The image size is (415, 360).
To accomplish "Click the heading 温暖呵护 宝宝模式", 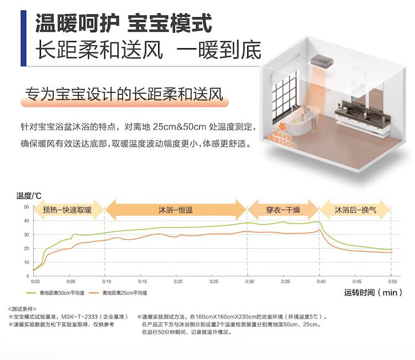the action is point(123,23).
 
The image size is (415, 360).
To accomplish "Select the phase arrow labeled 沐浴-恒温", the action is point(175,210).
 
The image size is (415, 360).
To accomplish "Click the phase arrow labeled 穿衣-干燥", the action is point(283,210).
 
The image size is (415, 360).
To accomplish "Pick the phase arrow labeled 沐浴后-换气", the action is point(355,210).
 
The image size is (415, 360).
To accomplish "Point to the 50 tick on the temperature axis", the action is point(27,207).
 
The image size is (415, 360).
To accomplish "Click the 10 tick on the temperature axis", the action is point(27,261).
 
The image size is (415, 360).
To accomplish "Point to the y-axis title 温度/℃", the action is point(29,195).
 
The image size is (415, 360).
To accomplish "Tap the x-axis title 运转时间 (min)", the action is point(373,292).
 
